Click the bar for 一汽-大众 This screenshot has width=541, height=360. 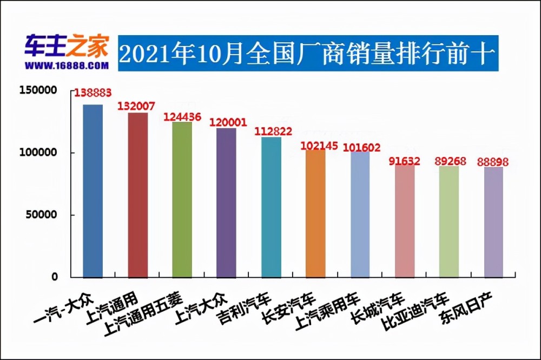tap(93, 191)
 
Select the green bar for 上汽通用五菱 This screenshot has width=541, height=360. tap(182, 199)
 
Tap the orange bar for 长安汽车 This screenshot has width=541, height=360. tap(315, 213)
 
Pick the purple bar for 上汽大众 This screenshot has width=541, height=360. tap(226, 202)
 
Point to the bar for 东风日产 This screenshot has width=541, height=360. tap(493, 222)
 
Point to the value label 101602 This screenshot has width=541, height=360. tap(362, 147)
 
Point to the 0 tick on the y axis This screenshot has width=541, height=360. tap(54, 277)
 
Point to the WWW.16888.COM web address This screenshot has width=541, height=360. tap(66, 65)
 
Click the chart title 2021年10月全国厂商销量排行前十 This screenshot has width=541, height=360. tap(307, 54)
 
